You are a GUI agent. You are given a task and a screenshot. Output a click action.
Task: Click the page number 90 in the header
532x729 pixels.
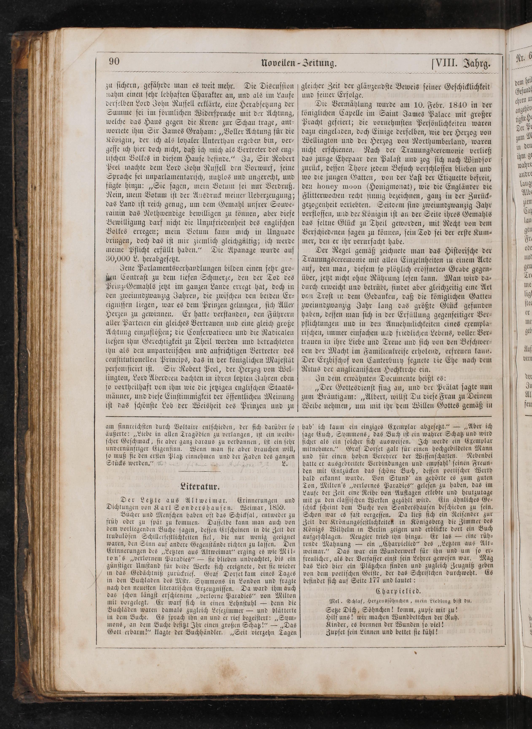[114, 62]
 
